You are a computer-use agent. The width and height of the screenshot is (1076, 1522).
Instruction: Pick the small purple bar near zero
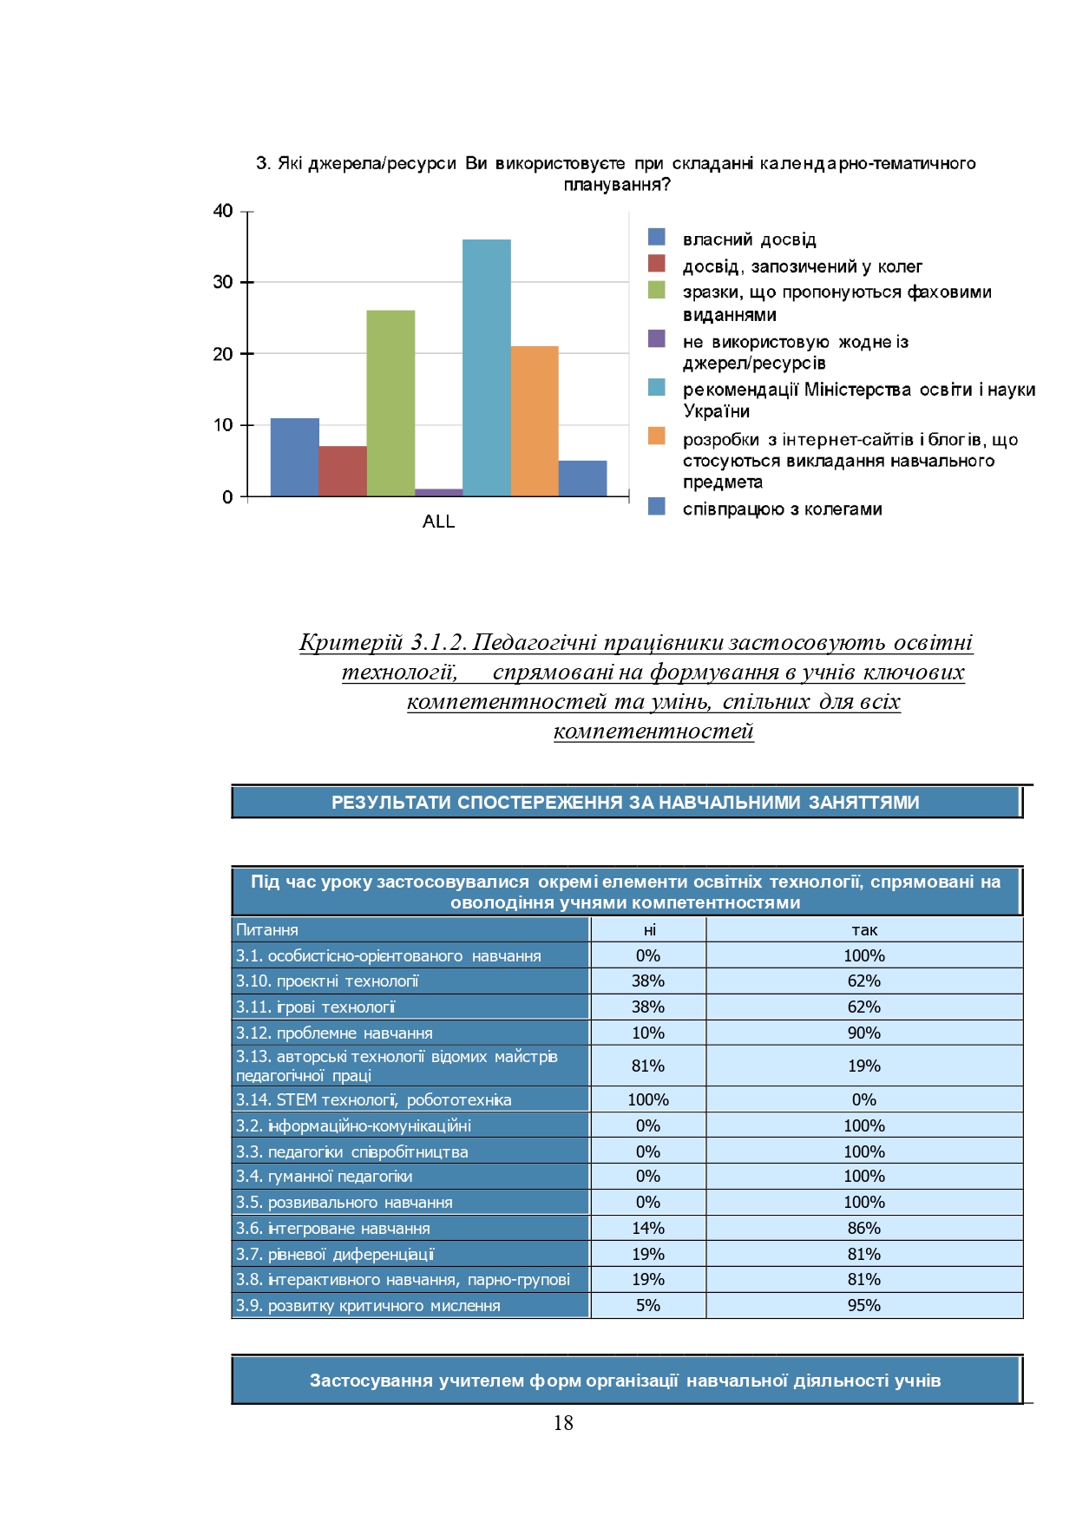point(438,492)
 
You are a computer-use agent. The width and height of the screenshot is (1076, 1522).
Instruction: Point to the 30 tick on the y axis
point(223,282)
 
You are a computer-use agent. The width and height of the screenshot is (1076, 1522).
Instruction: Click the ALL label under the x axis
point(438,522)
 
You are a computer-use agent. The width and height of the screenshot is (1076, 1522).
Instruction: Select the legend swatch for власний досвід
point(657,237)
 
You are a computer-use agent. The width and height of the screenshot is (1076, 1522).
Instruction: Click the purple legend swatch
point(657,338)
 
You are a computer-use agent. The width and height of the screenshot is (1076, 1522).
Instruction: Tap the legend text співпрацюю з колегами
point(782,508)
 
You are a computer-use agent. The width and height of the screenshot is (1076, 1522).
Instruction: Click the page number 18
point(563,1422)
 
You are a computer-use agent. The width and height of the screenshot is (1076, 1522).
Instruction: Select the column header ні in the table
point(649,929)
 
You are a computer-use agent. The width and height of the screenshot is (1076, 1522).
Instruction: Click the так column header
point(864,929)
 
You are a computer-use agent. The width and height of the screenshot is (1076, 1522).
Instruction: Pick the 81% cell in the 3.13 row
point(648,1066)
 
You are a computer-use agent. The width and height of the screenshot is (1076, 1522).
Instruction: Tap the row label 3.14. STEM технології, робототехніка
point(374,1099)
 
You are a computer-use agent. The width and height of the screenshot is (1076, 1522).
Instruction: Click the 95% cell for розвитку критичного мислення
point(864,1305)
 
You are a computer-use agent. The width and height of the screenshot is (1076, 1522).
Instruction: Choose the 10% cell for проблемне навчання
point(648,1033)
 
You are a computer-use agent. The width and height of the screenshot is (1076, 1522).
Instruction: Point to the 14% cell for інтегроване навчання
point(648,1228)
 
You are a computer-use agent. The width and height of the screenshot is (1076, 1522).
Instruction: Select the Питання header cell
point(267,929)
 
